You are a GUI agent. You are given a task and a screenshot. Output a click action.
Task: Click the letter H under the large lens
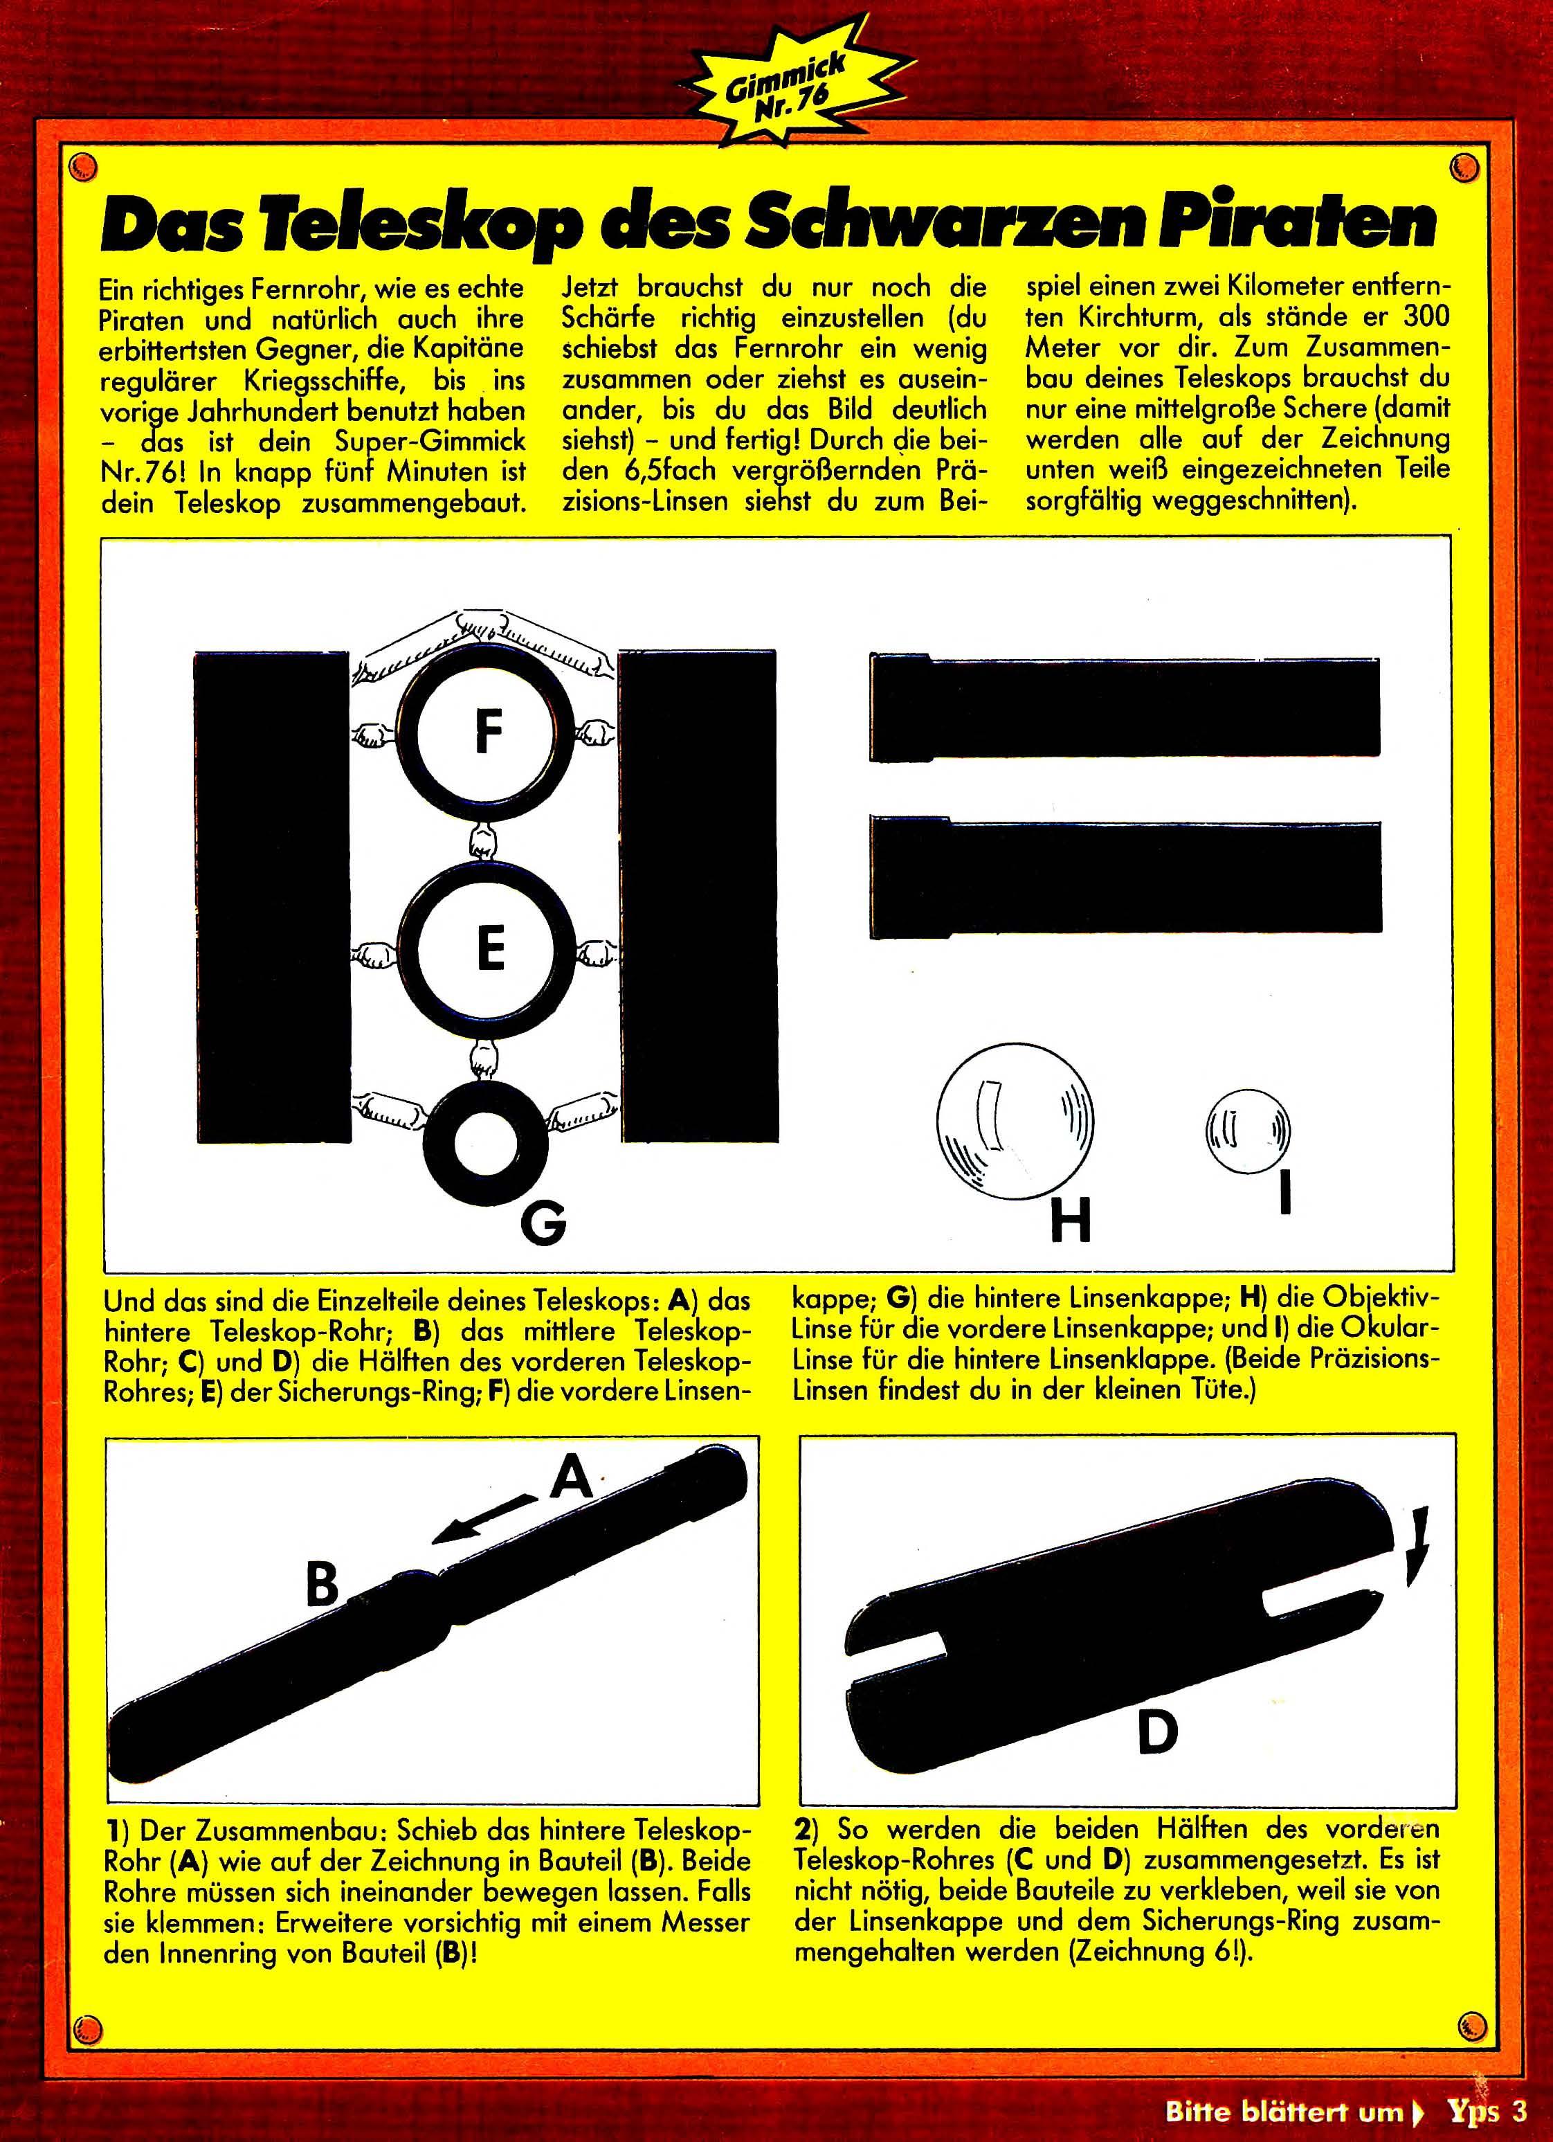point(1071,1221)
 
